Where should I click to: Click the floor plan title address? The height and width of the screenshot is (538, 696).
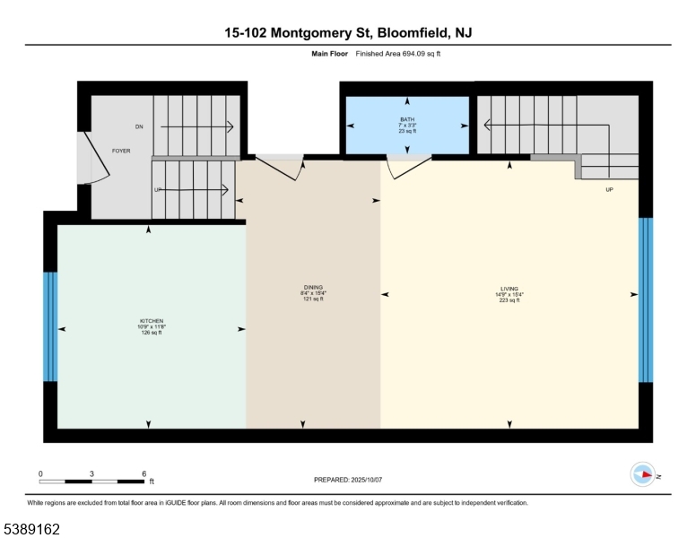click(x=348, y=33)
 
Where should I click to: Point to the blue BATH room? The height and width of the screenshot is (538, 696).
click(x=408, y=126)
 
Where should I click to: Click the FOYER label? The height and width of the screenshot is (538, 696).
click(x=121, y=151)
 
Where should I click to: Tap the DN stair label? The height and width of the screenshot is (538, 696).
click(x=139, y=127)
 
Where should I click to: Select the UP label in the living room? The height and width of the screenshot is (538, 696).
click(x=610, y=190)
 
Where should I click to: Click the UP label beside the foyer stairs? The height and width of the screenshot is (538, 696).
click(x=158, y=190)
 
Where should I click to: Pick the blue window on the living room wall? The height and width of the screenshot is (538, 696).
click(x=645, y=299)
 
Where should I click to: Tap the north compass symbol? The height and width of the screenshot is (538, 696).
click(x=644, y=474)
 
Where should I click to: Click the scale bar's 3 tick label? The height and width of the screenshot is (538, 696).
click(x=92, y=473)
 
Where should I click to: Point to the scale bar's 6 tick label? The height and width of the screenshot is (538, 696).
click(x=144, y=473)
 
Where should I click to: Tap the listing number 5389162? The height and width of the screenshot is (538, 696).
click(x=32, y=530)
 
